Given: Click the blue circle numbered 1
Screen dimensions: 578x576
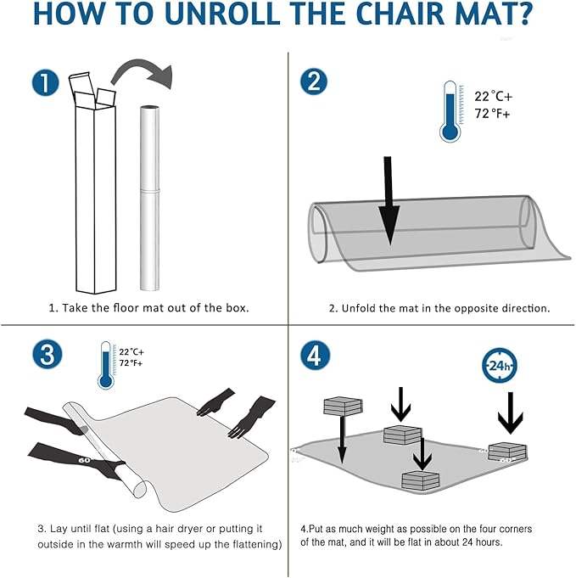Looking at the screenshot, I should [x=45, y=82].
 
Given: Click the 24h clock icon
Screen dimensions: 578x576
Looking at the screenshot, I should [x=500, y=367].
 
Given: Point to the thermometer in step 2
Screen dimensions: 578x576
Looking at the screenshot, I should [x=450, y=111].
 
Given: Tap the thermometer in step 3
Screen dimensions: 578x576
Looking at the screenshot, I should [x=106, y=364].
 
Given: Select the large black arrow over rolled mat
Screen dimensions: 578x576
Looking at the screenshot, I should [x=389, y=199].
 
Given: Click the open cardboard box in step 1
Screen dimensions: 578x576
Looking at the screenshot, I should [x=92, y=187].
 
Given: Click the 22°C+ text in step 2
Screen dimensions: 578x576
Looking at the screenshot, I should [x=493, y=97].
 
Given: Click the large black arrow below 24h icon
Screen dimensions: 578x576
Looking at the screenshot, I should [x=510, y=411].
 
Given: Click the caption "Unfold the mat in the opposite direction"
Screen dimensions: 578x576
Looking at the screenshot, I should [x=439, y=307].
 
